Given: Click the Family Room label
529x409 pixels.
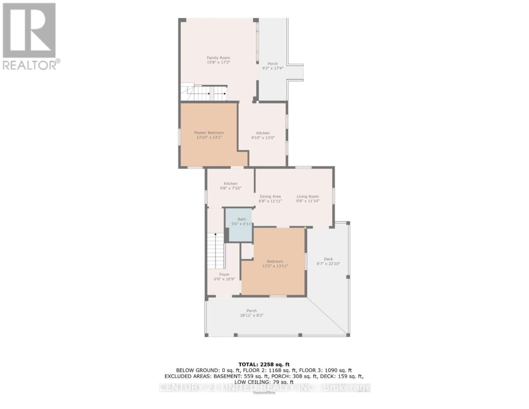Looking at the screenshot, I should pyautogui.click(x=218, y=58).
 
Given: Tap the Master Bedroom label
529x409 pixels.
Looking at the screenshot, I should pyautogui.click(x=209, y=133).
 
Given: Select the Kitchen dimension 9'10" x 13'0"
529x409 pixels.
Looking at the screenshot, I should pyautogui.click(x=263, y=138).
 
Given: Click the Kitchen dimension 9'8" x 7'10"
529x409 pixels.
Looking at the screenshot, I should pyautogui.click(x=230, y=188).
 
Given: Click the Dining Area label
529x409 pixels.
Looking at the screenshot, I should pyautogui.click(x=270, y=196).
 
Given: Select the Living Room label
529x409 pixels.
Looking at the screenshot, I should pyautogui.click(x=307, y=196).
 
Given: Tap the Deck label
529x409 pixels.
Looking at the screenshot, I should pyautogui.click(x=328, y=259).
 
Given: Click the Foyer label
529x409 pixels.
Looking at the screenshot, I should pyautogui.click(x=224, y=274).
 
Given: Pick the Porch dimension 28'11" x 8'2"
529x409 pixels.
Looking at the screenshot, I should pyautogui.click(x=251, y=316).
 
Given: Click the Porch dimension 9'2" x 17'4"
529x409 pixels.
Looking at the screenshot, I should pyautogui.click(x=273, y=68).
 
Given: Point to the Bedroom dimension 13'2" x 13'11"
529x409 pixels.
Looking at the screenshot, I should pyautogui.click(x=275, y=266).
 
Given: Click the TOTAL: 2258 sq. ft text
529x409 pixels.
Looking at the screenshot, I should pyautogui.click(x=264, y=364).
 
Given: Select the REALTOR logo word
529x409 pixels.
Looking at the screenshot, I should pyautogui.click(x=30, y=65).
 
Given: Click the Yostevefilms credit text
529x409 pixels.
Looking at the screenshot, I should pyautogui.click(x=264, y=393).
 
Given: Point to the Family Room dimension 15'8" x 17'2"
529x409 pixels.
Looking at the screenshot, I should pyautogui.click(x=218, y=63).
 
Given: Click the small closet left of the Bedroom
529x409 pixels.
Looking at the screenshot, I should pyautogui.click(x=247, y=251).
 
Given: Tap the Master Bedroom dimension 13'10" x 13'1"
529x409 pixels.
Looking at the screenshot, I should pyautogui.click(x=209, y=137).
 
